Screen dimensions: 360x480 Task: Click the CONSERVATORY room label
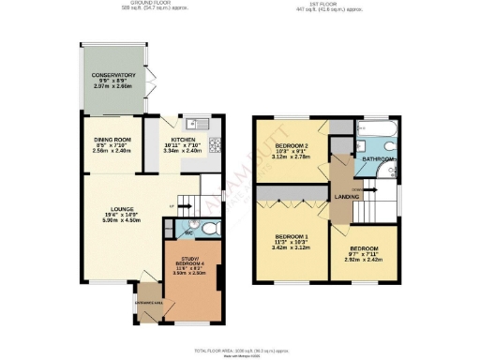113,75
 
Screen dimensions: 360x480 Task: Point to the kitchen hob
214,144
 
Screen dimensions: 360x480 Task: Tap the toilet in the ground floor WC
211,228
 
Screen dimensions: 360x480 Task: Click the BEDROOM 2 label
292,146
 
